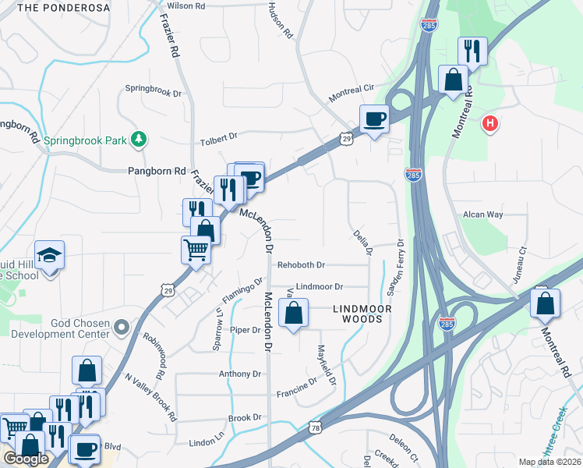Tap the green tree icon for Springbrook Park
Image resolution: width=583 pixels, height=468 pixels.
(139, 139)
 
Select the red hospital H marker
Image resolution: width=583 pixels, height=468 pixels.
(490, 123)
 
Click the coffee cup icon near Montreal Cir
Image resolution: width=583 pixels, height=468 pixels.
(375, 119)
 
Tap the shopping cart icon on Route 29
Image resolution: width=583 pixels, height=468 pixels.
(196, 250)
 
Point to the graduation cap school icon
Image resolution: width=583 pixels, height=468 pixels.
(50, 256)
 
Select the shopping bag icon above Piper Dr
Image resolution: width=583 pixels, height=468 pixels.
(293, 314)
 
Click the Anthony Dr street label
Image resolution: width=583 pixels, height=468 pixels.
(239, 374)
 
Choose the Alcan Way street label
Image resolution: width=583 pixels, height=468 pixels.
(483, 214)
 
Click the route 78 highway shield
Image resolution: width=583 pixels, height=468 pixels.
(314, 427)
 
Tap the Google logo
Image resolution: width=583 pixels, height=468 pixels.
(26, 459)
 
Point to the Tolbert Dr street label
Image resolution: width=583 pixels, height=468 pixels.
(218, 137)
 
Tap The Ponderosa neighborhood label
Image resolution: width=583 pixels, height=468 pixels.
(55, 7)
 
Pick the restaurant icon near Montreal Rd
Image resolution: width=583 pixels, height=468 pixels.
(472, 51)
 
